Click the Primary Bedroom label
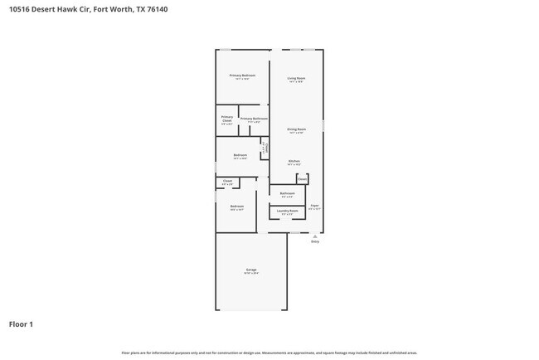[242, 75]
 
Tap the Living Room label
[296, 79]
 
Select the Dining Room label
[296, 129]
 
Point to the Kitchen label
[294, 161]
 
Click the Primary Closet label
[226, 119]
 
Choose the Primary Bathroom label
[254, 119]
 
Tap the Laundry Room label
[288, 212]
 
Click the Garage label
[250, 270]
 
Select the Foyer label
[314, 205]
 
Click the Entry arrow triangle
[314, 236]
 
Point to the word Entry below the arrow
[314, 241]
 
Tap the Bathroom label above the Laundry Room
[287, 193]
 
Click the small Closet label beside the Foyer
[302, 178]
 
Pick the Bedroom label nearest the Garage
[237, 206]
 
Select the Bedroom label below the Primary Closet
[240, 155]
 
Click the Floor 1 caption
[21, 324]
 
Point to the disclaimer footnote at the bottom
[269, 353]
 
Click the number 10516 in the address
[20, 10]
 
